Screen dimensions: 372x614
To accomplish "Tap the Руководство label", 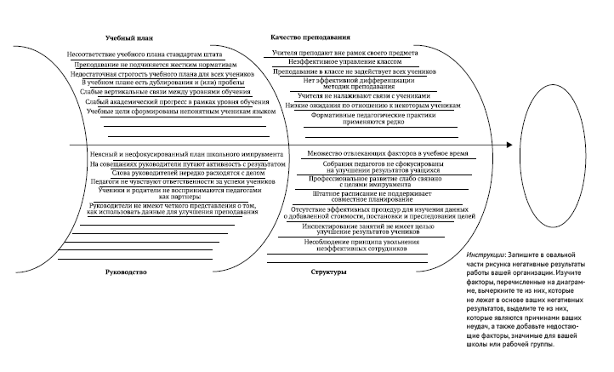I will click(128, 272).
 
